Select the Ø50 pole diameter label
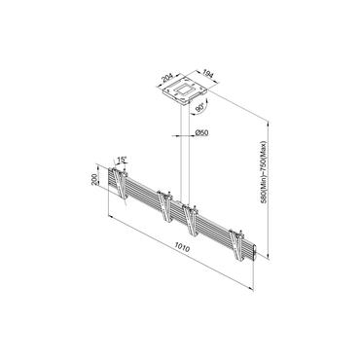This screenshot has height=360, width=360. pyautogui.click(x=201, y=133)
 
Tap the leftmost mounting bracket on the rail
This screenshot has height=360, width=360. pyautogui.click(x=120, y=184)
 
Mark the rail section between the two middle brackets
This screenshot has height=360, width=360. pyautogui.click(x=178, y=217)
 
